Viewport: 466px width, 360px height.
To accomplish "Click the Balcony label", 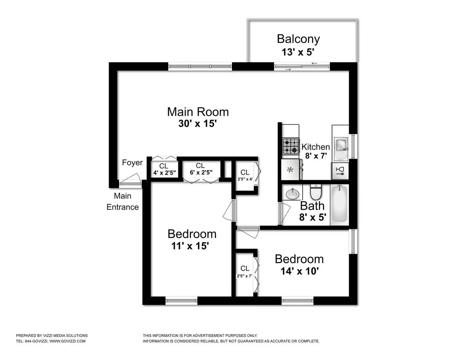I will (298, 39).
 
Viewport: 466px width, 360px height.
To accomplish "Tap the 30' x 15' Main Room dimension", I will (198, 124).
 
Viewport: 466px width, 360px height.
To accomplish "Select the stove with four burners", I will (290, 146).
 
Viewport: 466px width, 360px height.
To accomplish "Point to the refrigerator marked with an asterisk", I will (290, 169).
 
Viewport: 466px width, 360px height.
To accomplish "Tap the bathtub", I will (339, 204).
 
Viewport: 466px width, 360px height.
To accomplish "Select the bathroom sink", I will (292, 193).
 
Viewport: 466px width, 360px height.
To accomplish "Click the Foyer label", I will (132, 163).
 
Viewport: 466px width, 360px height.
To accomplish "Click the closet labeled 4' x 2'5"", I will (164, 170).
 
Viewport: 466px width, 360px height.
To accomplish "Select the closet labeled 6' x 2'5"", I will (200, 169).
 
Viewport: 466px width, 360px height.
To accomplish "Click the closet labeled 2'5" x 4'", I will (245, 175).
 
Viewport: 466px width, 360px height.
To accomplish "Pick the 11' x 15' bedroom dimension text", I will (190, 246).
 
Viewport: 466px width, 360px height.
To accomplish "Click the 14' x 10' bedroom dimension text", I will (300, 271).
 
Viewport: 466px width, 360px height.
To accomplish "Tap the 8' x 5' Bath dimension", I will (312, 217).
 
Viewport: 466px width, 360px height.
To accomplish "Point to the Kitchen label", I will (315, 147).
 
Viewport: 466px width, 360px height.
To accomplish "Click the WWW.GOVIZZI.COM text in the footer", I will (67, 341).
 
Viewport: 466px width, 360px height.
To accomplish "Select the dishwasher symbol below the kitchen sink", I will (340, 171).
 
